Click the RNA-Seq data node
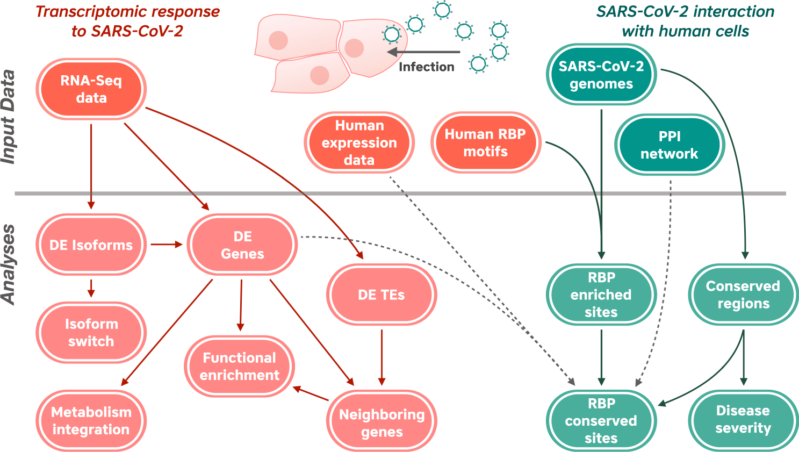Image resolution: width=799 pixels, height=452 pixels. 91,89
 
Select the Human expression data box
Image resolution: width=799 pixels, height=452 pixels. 359,142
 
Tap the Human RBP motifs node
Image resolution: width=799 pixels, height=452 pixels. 485,142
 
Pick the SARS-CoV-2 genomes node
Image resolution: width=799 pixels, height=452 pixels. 601,75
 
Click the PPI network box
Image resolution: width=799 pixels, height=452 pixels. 669,145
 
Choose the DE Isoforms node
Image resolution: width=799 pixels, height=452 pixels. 91,245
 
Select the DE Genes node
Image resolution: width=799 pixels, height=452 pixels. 242,245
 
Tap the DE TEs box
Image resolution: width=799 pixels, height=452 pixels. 381,295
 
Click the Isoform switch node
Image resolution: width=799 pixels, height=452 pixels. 91,332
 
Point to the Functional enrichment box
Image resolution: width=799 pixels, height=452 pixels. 239,366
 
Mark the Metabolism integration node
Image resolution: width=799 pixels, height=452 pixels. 91,420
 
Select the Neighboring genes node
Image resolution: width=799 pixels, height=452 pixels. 381,422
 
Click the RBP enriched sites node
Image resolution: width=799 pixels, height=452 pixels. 601,295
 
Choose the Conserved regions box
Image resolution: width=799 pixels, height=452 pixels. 743,295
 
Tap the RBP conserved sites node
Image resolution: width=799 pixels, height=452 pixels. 601,420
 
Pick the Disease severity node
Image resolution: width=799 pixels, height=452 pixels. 743,419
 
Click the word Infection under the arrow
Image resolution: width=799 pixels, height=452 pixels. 426,67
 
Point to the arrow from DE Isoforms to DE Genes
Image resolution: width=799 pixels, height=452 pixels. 166,245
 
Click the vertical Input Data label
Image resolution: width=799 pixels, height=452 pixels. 8,117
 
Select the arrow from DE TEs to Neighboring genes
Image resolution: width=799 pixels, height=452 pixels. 381,357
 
